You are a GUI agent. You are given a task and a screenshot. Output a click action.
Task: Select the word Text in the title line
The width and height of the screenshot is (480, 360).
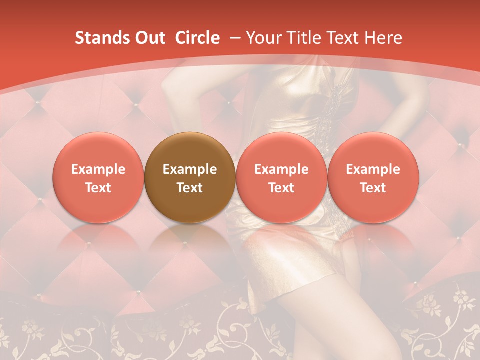342,38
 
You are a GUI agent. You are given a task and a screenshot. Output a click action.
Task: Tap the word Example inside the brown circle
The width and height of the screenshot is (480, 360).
190,169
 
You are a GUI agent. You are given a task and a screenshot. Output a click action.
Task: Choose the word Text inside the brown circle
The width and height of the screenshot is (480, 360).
190,188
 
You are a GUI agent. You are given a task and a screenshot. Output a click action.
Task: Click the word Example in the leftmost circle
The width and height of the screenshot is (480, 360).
98,169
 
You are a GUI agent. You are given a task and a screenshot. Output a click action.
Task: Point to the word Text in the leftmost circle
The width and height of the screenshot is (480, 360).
98,188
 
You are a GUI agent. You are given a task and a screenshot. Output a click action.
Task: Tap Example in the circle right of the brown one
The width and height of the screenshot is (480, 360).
281,169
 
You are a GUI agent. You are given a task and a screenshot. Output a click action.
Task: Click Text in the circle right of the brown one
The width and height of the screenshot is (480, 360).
281,188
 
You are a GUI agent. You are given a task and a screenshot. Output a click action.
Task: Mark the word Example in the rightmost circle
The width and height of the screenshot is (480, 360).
373,169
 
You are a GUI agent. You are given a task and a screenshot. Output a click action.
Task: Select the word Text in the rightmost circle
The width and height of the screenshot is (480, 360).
373,188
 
